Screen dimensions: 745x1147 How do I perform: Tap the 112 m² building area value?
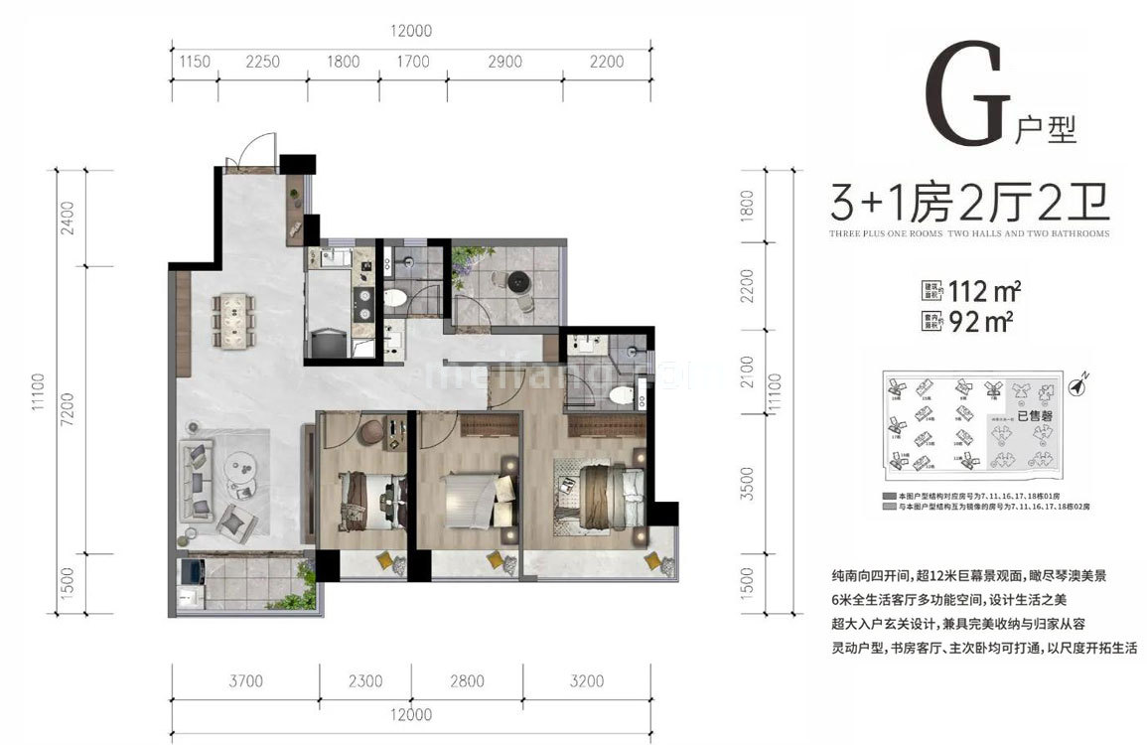[984, 292]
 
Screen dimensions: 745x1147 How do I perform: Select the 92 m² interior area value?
[979, 321]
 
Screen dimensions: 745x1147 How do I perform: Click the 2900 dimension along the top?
[504, 62]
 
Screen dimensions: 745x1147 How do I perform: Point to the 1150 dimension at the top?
[195, 62]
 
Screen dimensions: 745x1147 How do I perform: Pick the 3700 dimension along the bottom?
[245, 681]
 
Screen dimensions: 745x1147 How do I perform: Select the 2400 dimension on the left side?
[66, 218]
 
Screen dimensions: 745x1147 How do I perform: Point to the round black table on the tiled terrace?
[519, 282]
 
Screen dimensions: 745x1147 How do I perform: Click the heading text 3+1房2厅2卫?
[969, 205]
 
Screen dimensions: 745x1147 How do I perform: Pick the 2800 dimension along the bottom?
[467, 681]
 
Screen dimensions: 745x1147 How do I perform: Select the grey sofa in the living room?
[196, 481]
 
